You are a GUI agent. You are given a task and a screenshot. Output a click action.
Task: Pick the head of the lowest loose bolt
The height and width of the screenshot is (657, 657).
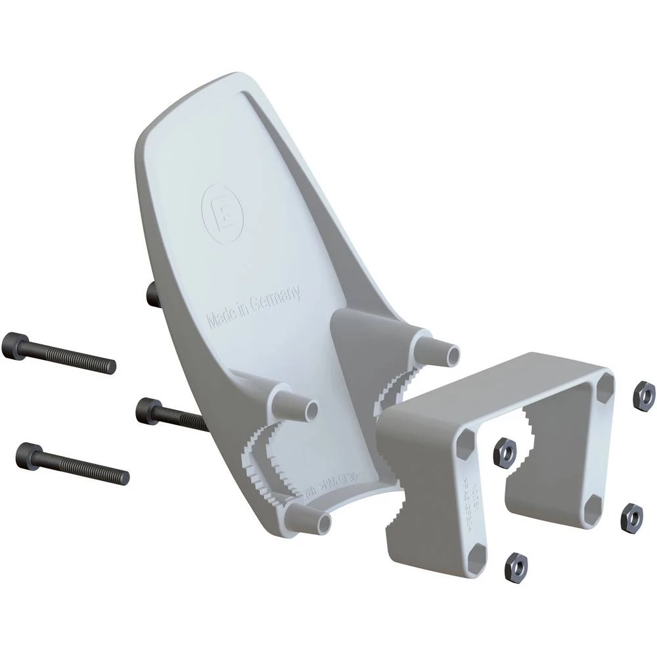pyautogui.click(x=30, y=453)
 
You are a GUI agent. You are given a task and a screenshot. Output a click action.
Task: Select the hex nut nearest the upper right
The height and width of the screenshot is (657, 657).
pyautogui.click(x=643, y=394)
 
